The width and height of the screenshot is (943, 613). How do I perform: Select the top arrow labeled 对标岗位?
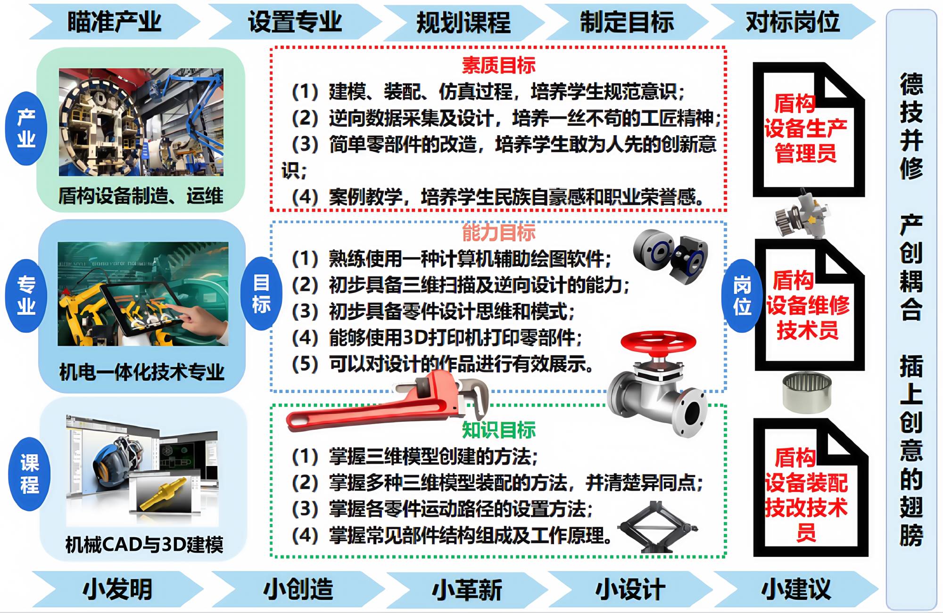[x=793, y=22]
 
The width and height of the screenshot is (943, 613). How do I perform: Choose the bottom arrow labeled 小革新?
[x=467, y=589]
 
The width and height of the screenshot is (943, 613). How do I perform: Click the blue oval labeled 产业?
[x=26, y=128]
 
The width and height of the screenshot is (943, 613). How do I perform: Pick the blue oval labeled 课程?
[x=29, y=474]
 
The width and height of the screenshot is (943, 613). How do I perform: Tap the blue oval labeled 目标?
[x=261, y=294]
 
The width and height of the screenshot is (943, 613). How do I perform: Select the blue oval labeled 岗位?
[x=742, y=295]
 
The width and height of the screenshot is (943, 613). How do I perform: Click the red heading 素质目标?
[x=498, y=65]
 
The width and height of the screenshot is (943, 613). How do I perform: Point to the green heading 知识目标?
[x=498, y=430]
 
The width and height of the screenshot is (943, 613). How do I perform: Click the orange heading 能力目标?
[x=498, y=232]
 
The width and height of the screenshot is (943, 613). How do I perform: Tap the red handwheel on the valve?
[x=658, y=343]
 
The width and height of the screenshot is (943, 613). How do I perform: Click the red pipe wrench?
[x=387, y=403]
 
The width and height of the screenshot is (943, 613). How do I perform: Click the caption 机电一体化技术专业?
[x=141, y=372]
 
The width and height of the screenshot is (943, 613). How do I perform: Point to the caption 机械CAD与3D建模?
[x=144, y=545]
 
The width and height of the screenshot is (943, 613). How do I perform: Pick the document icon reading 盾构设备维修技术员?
[x=809, y=304]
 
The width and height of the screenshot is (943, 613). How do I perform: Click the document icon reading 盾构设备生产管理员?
[x=808, y=130]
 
